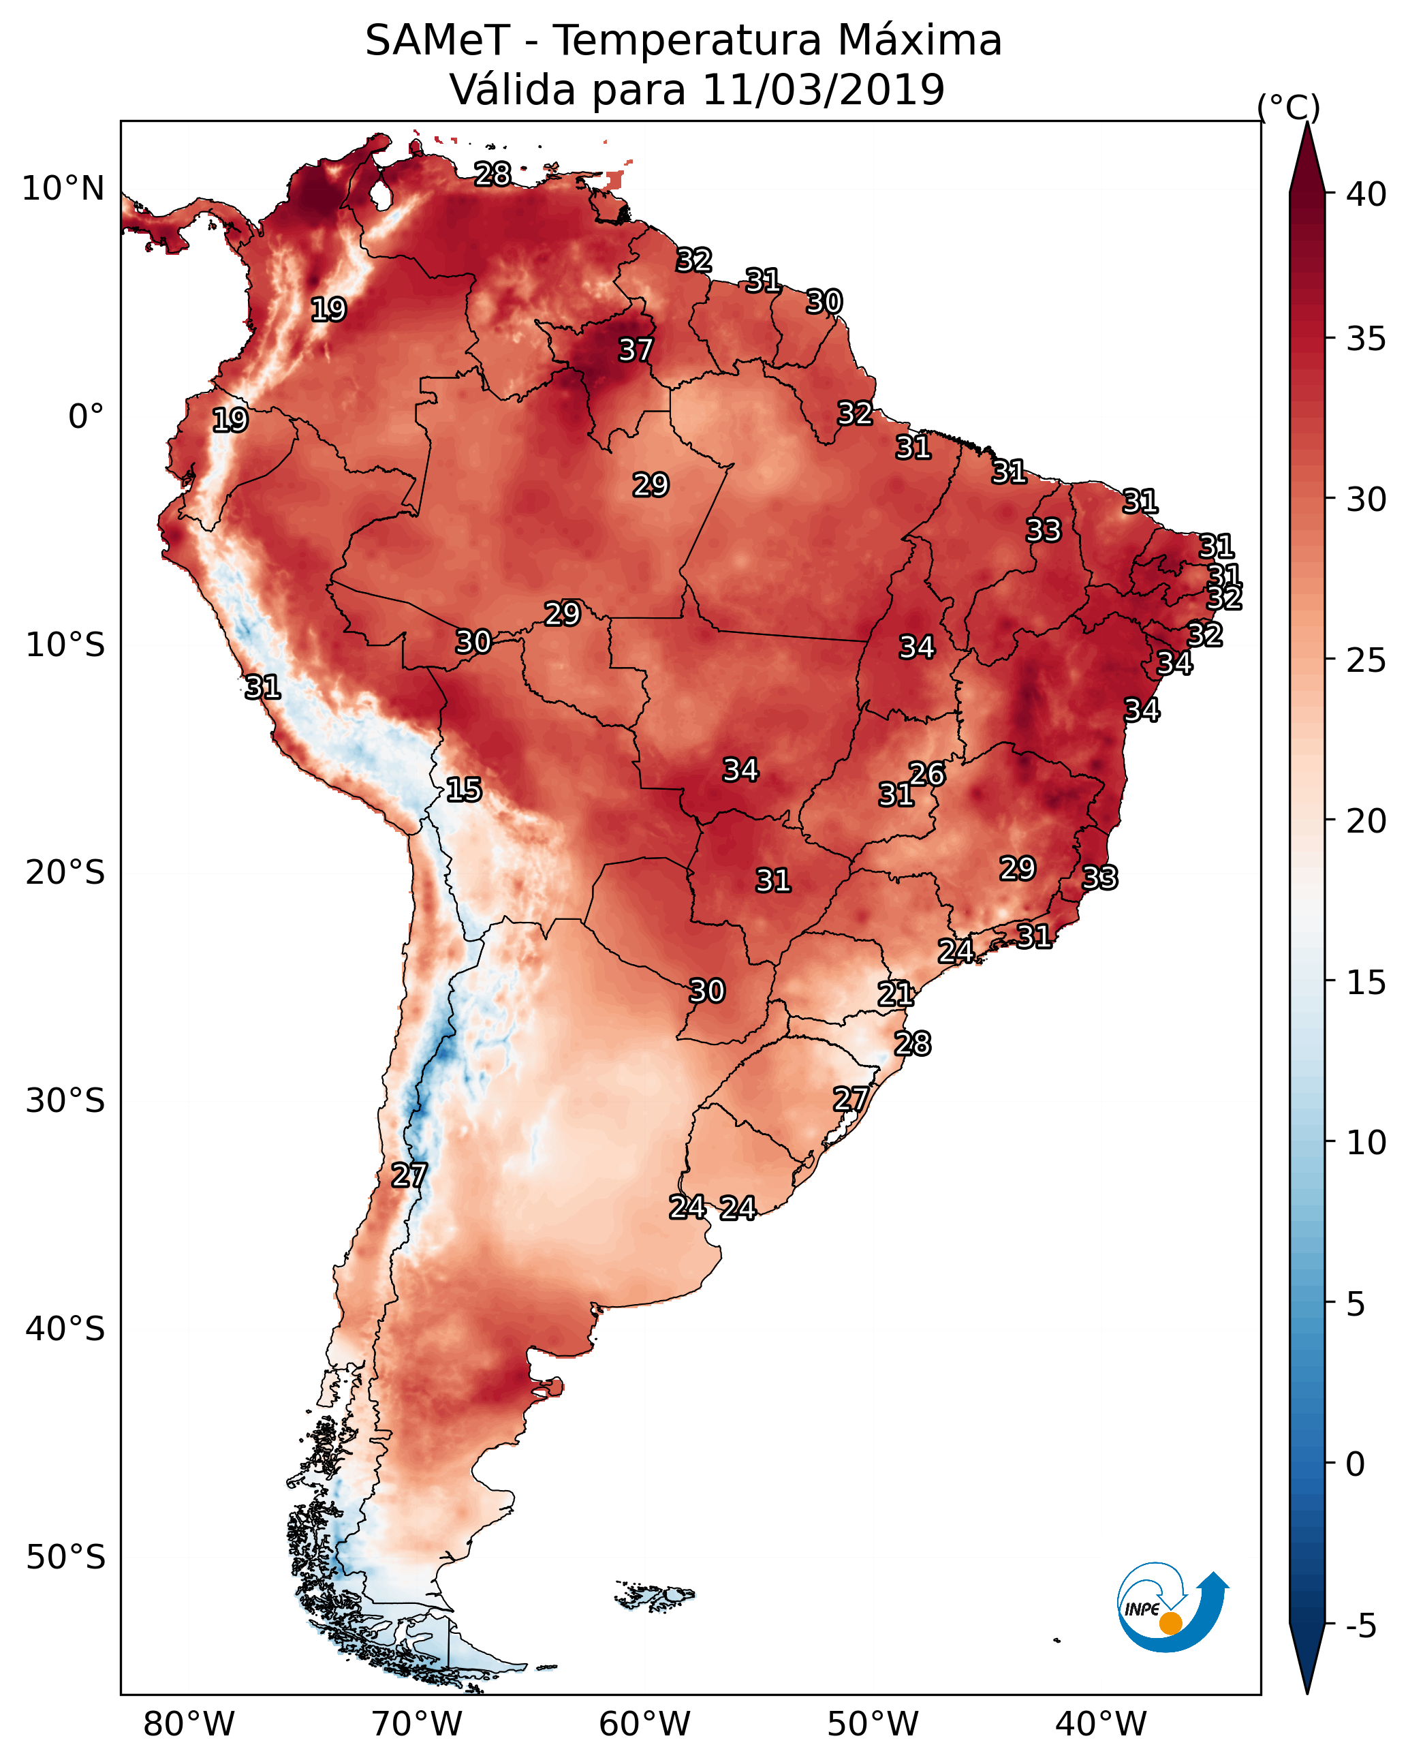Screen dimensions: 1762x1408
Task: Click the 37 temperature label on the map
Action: pos(635,350)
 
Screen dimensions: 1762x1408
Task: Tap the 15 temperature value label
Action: pos(463,790)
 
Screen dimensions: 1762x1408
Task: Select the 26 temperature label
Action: pos(926,773)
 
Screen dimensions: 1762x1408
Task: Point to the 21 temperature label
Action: pos(896,994)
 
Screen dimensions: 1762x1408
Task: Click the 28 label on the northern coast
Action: pos(492,174)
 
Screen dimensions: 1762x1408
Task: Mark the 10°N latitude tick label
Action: pos(63,189)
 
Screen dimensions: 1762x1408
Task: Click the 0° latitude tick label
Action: pos(86,417)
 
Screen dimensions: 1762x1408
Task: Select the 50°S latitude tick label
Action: pos(65,1558)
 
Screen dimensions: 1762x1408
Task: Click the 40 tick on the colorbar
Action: pos(1366,194)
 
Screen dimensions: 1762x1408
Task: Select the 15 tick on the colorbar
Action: pos(1366,983)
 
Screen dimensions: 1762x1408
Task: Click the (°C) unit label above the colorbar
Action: pos(1289,107)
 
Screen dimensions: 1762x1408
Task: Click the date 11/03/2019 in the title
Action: pos(823,90)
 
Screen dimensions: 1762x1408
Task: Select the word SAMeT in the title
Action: pos(437,41)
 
